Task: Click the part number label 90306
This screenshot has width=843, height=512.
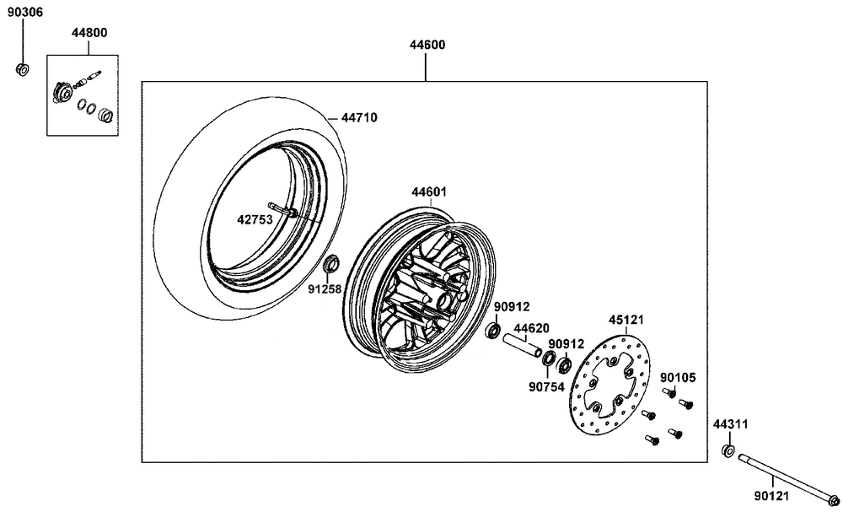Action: click(24, 13)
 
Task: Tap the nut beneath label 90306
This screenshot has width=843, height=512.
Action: click(23, 69)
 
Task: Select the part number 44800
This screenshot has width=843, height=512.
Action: click(89, 33)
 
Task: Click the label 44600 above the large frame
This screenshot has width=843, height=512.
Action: click(427, 46)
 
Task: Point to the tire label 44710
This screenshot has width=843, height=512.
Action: click(359, 117)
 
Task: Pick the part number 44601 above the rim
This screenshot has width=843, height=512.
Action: click(429, 192)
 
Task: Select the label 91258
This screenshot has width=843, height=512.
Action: click(325, 289)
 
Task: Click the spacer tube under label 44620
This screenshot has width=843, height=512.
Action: click(521, 345)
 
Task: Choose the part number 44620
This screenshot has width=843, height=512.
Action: click(531, 329)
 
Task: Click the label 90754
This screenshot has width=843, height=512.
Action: click(546, 386)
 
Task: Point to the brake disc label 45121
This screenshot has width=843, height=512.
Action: click(626, 320)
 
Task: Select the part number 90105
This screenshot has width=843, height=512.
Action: click(678, 378)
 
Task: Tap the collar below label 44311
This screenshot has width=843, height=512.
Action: click(728, 450)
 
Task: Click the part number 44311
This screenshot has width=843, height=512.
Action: click(731, 425)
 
